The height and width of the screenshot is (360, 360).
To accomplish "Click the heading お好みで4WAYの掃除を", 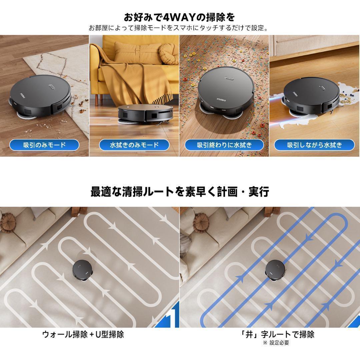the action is coord(179,17).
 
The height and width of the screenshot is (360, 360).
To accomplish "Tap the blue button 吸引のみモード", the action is coord(44,145).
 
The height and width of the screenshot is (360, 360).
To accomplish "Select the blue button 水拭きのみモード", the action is coord(134,145).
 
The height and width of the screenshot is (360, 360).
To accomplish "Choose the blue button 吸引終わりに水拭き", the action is coord(224,145).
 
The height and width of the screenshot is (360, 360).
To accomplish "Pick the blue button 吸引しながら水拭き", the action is coord(315,145).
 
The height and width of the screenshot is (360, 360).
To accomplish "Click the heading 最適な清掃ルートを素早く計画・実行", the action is coord(180,191).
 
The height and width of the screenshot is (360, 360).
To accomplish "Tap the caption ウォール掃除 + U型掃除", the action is coord(83,334).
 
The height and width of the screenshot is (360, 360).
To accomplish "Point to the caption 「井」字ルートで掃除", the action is coord(277,334).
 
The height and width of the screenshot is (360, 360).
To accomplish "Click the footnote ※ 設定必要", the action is coord(276,343).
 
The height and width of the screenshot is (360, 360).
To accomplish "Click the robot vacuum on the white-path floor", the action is coord(83,270).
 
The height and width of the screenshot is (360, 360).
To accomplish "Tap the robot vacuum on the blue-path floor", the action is coord(275,270).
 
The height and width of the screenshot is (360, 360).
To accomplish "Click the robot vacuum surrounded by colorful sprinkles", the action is coord(226,93).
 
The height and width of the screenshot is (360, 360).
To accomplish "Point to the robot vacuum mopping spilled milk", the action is coord(311,97).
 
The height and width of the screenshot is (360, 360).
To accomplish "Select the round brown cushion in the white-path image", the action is coord(8,223).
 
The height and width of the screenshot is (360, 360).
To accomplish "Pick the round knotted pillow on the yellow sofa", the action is coord(169,54).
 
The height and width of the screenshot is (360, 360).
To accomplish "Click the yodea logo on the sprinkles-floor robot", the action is coord(221,99).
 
